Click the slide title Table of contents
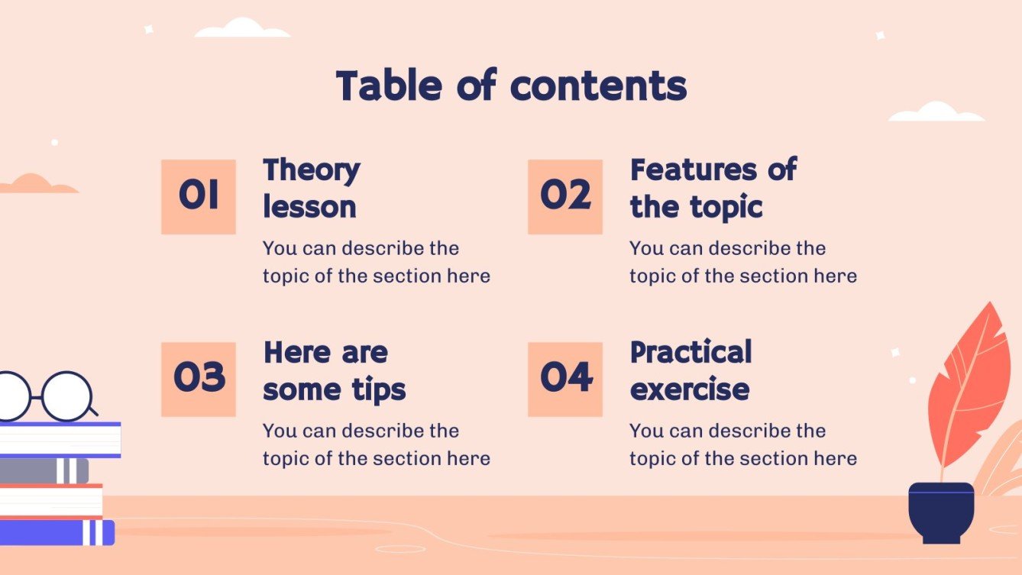tap(511, 86)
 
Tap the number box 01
tap(199, 196)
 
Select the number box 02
tap(565, 196)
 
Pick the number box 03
tap(199, 379)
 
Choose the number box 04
tap(565, 379)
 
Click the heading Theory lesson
tap(311, 188)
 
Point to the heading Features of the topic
tap(713, 188)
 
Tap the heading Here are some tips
tap(334, 371)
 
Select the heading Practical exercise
tap(690, 371)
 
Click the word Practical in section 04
tap(690, 353)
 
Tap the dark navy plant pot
tap(941, 512)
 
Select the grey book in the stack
tap(42, 470)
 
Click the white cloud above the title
tap(242, 29)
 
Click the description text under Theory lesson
tap(376, 262)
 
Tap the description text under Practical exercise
tap(742, 444)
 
